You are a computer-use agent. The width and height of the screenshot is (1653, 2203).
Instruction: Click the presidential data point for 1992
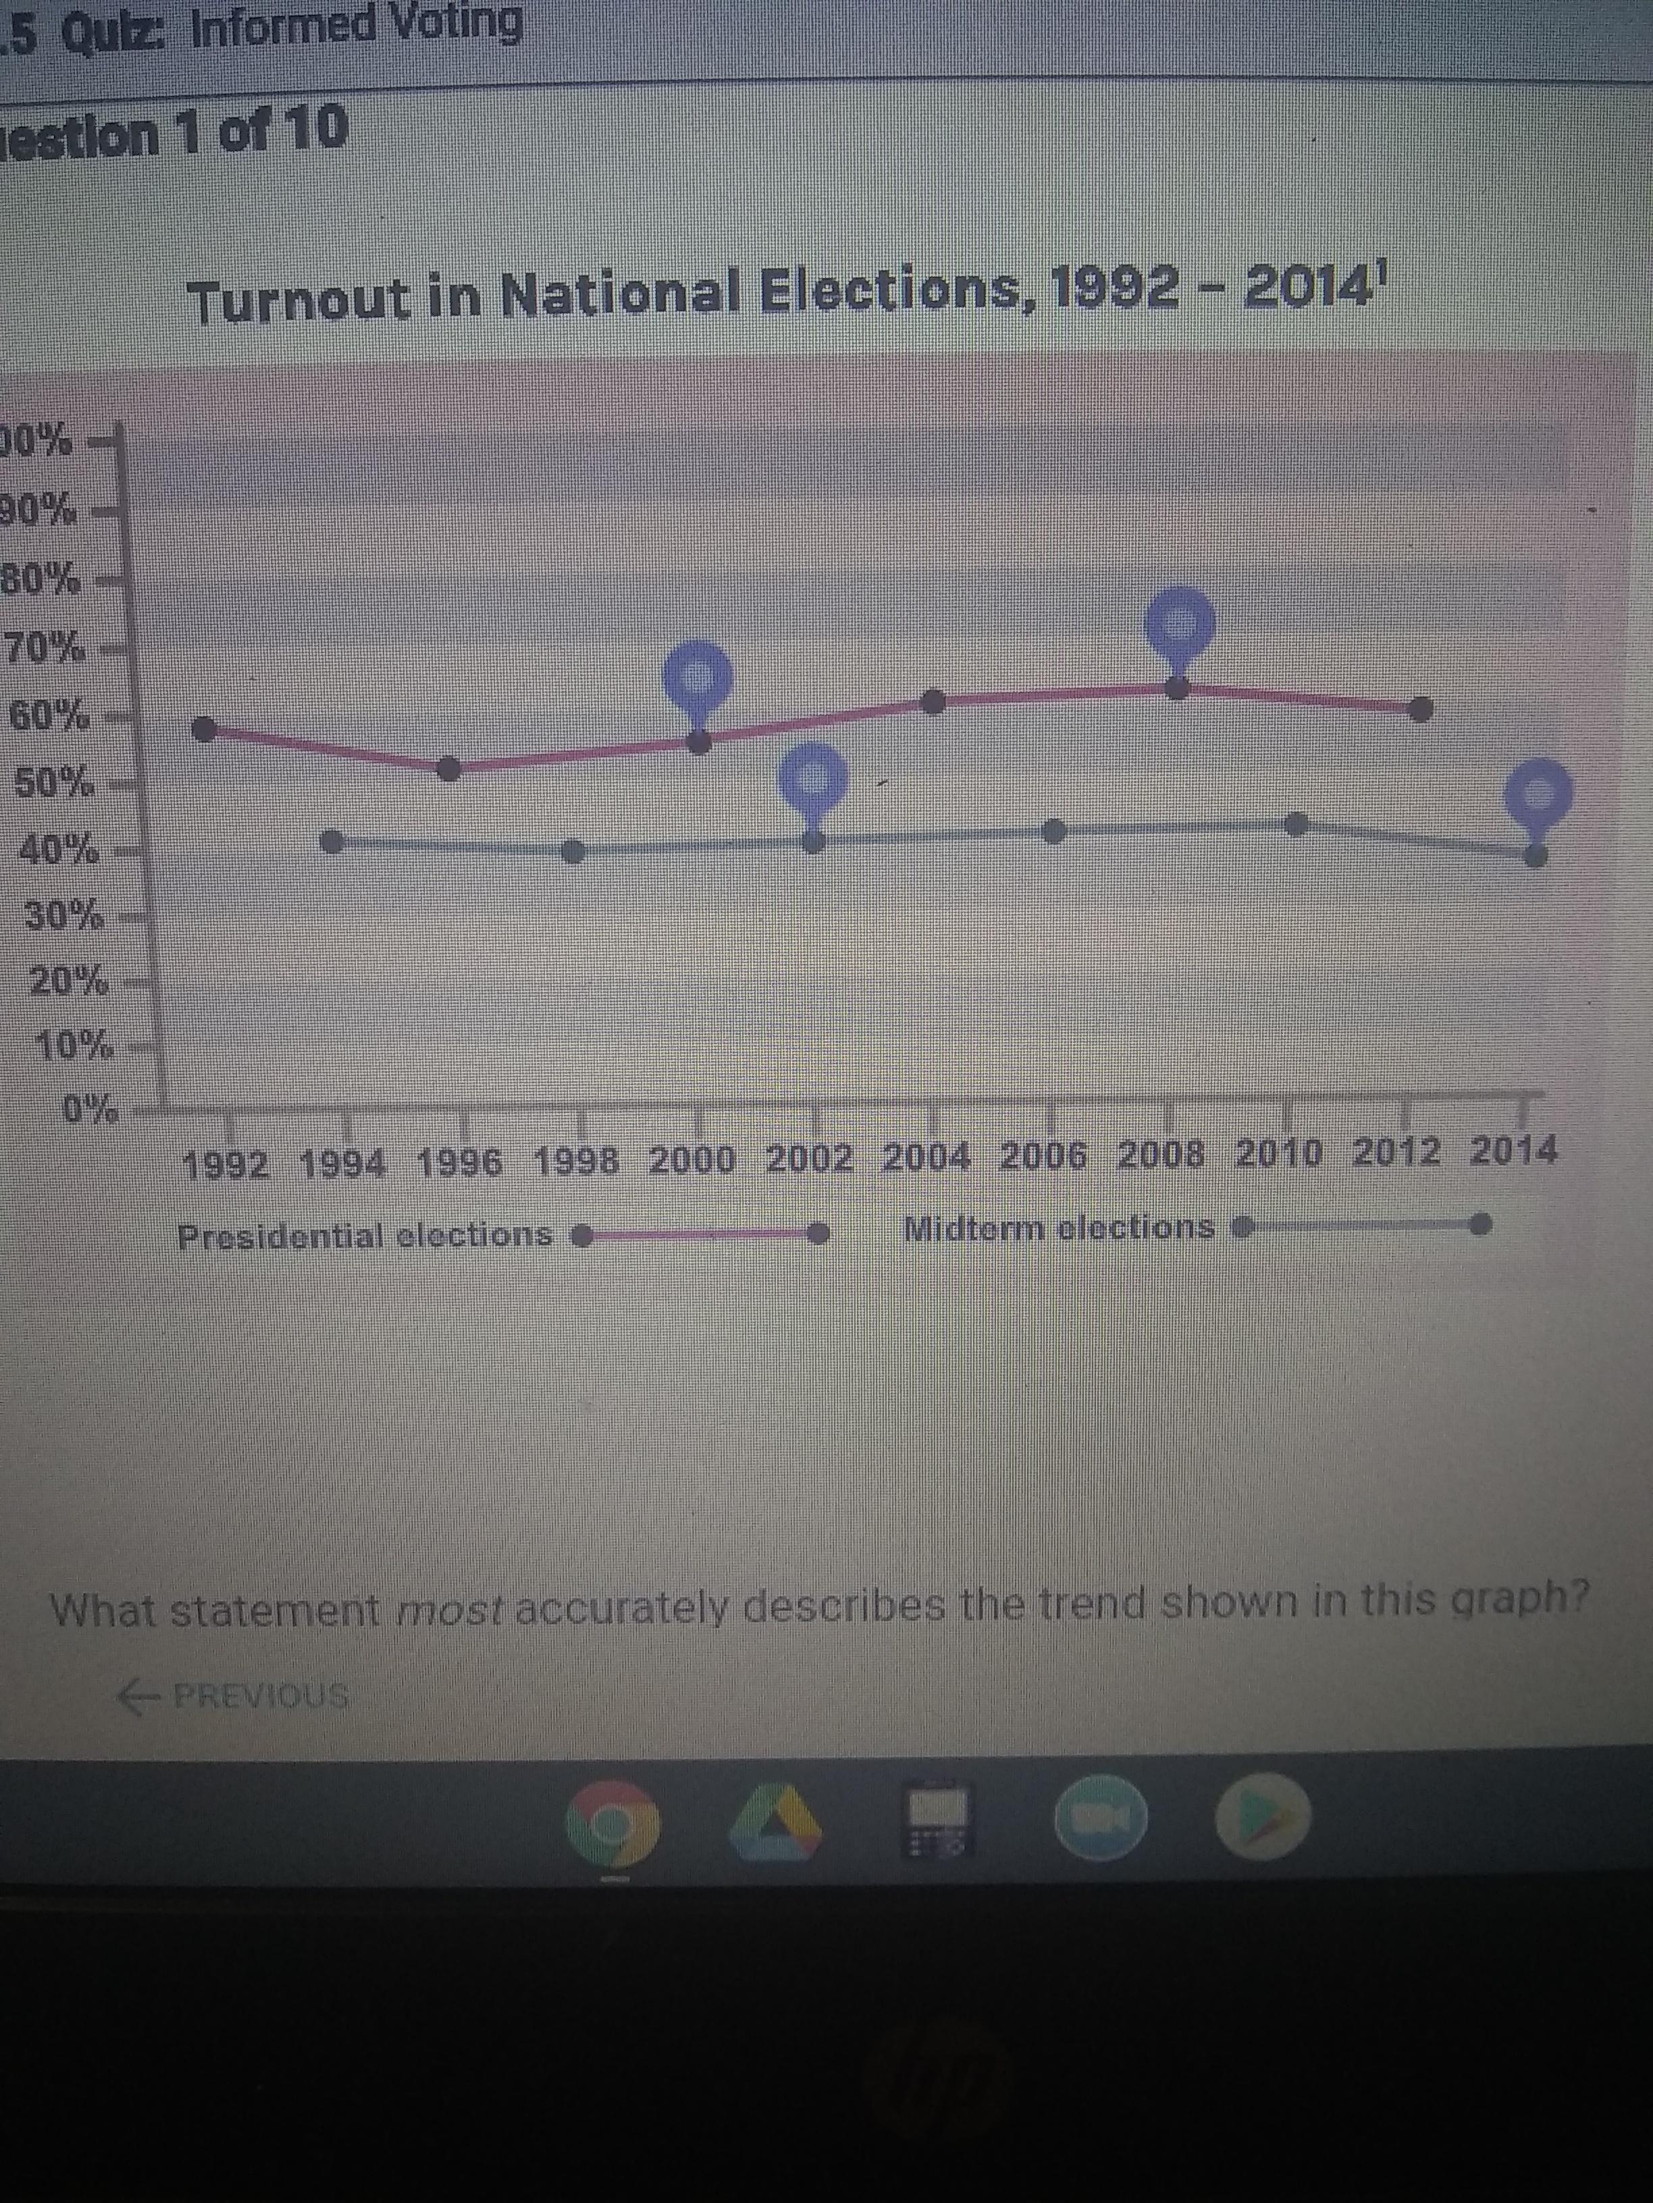pyautogui.click(x=203, y=730)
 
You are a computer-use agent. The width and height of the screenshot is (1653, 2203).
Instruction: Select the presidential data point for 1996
pyautogui.click(x=450, y=769)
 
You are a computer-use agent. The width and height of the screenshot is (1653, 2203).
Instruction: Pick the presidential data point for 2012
pyautogui.click(x=1422, y=709)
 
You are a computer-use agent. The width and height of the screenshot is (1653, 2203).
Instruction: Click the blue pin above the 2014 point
pyautogui.click(x=1538, y=794)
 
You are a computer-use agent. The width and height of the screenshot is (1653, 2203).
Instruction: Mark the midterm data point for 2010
pyautogui.click(x=1296, y=823)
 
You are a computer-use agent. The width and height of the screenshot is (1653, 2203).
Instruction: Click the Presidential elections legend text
pyautogui.click(x=365, y=1236)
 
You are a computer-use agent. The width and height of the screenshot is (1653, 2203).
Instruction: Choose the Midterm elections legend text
pyautogui.click(x=1058, y=1228)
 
